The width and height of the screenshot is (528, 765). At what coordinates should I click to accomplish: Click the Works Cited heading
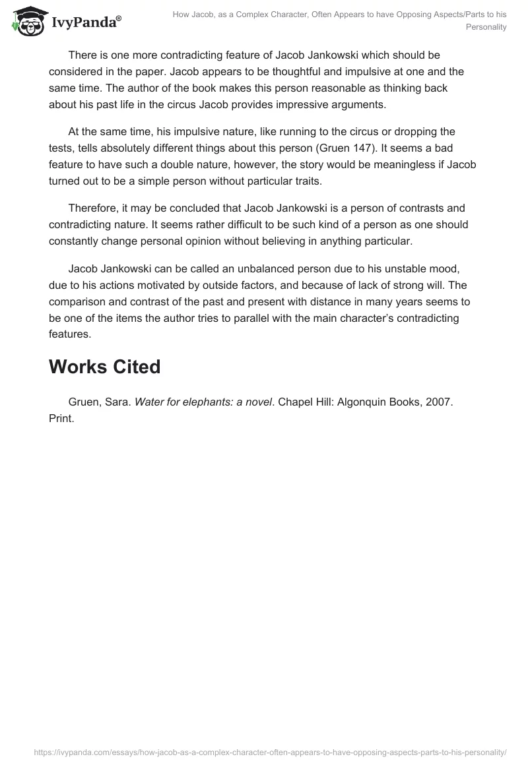(104, 366)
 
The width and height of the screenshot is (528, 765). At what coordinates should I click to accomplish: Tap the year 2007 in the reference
(438, 402)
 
